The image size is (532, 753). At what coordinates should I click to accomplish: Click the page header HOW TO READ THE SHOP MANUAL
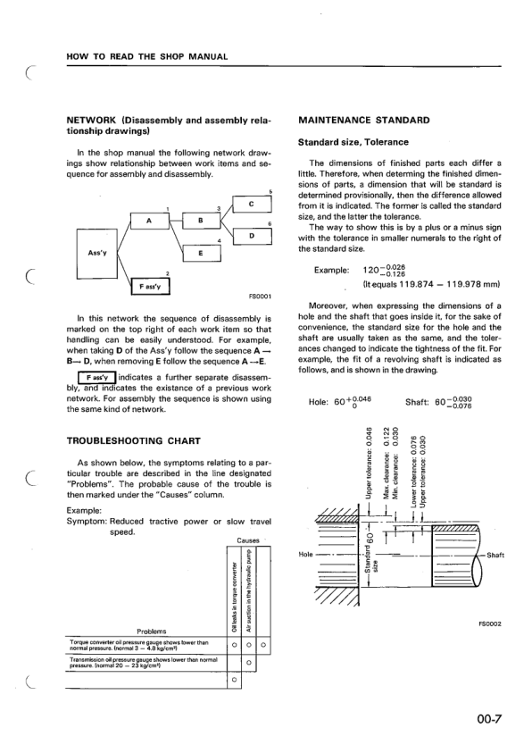click(147, 58)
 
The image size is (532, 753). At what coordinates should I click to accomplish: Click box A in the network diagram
click(148, 221)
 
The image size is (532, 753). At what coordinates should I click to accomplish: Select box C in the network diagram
click(253, 205)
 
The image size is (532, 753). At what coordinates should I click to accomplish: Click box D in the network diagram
click(253, 236)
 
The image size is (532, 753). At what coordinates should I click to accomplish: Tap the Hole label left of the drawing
click(303, 555)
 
